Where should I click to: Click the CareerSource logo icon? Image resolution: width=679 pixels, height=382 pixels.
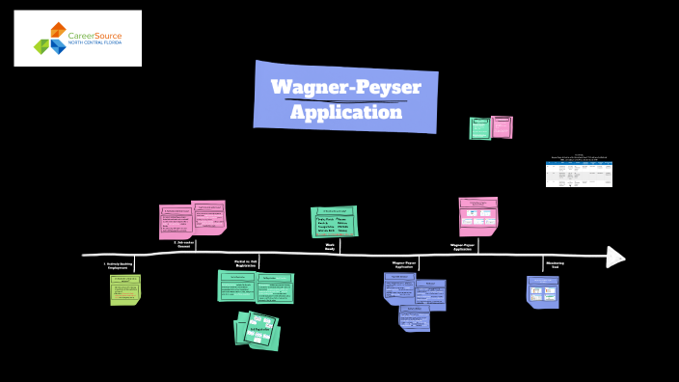coord(50,39)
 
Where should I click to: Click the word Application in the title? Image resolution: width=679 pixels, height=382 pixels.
coord(346,112)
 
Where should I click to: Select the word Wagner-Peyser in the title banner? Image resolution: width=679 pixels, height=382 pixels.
coord(345,86)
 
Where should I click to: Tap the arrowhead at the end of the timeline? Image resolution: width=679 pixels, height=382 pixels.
coord(614,257)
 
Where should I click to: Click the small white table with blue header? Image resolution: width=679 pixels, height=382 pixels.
coord(580,173)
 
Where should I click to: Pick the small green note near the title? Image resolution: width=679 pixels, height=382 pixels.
coord(480,127)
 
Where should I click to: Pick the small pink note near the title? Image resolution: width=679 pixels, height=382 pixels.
coord(502,126)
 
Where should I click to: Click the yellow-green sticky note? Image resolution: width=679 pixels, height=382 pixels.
coord(124,289)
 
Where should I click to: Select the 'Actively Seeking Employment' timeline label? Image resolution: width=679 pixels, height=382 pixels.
coord(121,264)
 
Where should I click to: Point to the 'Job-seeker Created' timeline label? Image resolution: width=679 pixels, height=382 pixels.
coord(182,245)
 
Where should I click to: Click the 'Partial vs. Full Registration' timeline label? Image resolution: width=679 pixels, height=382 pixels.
coord(253,264)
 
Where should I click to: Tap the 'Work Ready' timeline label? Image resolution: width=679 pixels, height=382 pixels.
coord(330,245)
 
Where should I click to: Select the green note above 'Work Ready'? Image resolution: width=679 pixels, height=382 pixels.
coord(334,221)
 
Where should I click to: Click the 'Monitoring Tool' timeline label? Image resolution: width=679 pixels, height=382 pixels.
coord(556,264)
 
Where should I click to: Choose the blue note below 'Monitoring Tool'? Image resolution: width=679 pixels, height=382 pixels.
coord(542,291)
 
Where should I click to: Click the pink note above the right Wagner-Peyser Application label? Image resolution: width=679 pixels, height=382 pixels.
coord(478,216)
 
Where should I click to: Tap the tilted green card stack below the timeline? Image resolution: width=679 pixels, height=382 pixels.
coord(257,330)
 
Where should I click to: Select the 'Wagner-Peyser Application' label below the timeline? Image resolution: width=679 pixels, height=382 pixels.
coord(403,264)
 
